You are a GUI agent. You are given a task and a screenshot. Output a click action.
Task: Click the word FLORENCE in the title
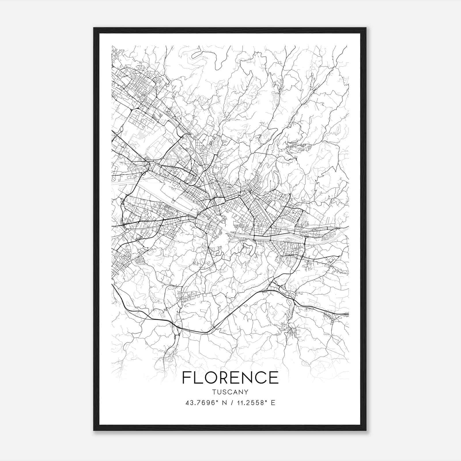tap(230, 377)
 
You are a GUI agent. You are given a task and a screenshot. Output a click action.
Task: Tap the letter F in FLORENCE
tap(186, 377)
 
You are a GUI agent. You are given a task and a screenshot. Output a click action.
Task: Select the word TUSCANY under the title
tap(230, 392)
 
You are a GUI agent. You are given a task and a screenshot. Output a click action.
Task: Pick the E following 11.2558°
tap(273, 403)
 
